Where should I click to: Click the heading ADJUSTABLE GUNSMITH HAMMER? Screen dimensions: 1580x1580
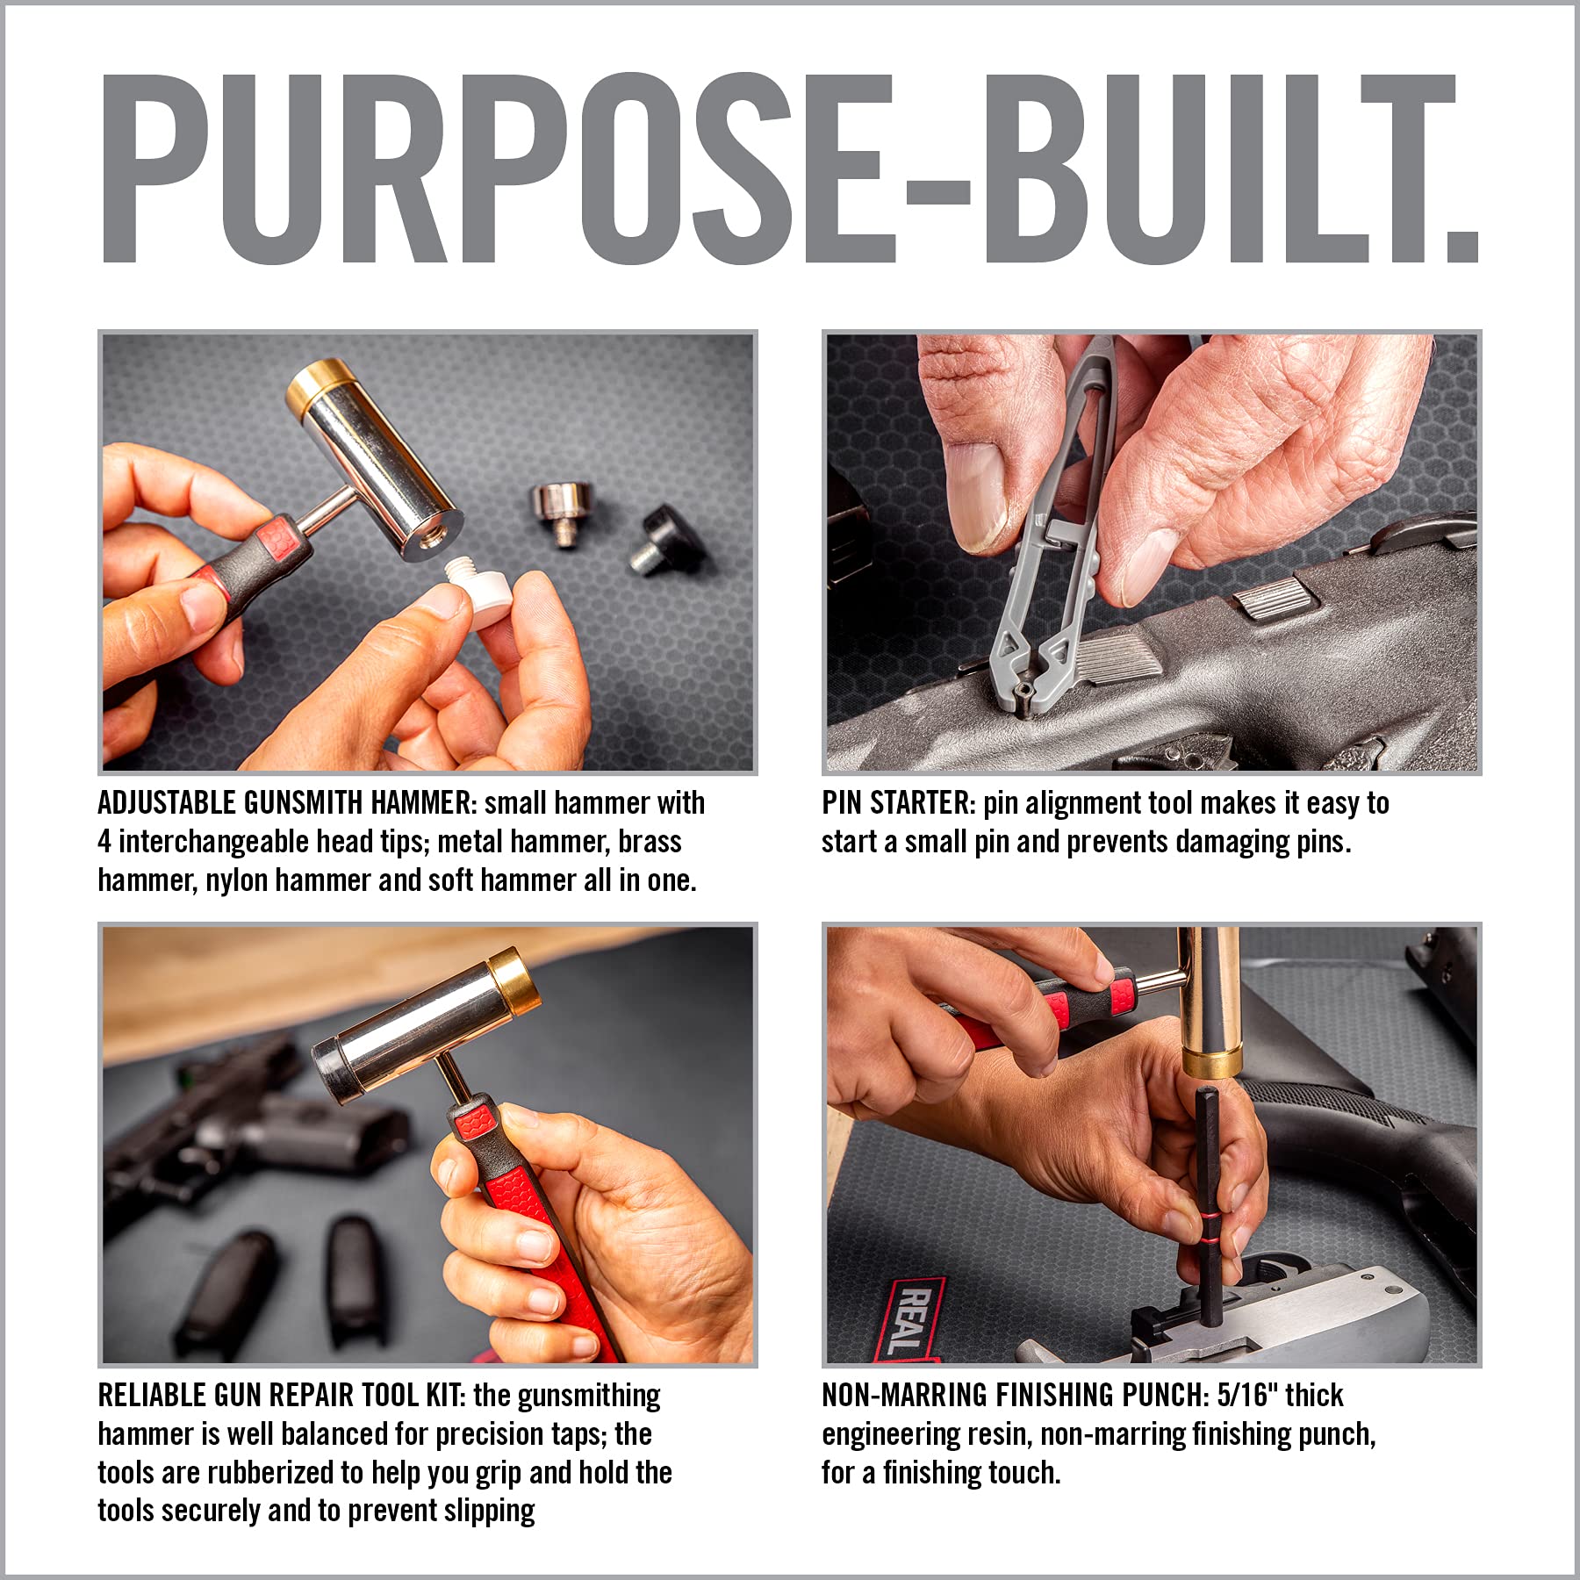pyautogui.click(x=286, y=803)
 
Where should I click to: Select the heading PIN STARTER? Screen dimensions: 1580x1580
pyautogui.click(x=897, y=803)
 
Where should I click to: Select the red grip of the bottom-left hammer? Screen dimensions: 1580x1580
pyautogui.click(x=544, y=1229)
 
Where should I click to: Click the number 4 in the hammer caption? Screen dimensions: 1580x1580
pyautogui.click(x=104, y=842)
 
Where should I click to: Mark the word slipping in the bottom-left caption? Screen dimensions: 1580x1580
pyautogui.click(x=489, y=1512)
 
